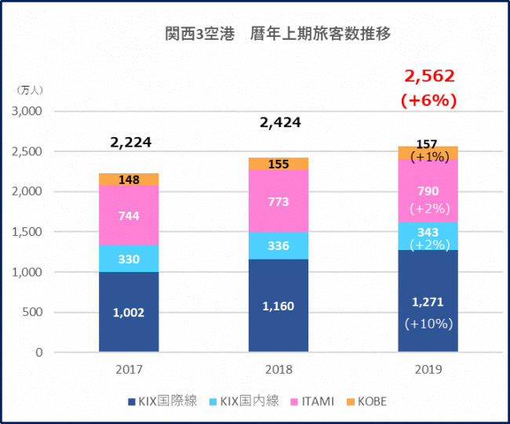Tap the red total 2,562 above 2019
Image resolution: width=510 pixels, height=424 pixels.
click(429, 76)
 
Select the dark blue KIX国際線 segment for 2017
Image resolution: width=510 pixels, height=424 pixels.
click(129, 312)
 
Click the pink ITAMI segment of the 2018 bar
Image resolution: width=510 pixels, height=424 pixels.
click(278, 201)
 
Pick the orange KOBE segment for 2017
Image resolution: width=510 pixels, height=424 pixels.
click(129, 179)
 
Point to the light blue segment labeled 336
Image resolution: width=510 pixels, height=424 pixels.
click(278, 245)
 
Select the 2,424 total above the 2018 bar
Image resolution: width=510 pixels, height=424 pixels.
click(279, 123)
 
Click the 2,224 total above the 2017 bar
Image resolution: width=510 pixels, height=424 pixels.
click(130, 143)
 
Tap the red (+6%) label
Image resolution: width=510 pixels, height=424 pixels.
click(428, 101)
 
